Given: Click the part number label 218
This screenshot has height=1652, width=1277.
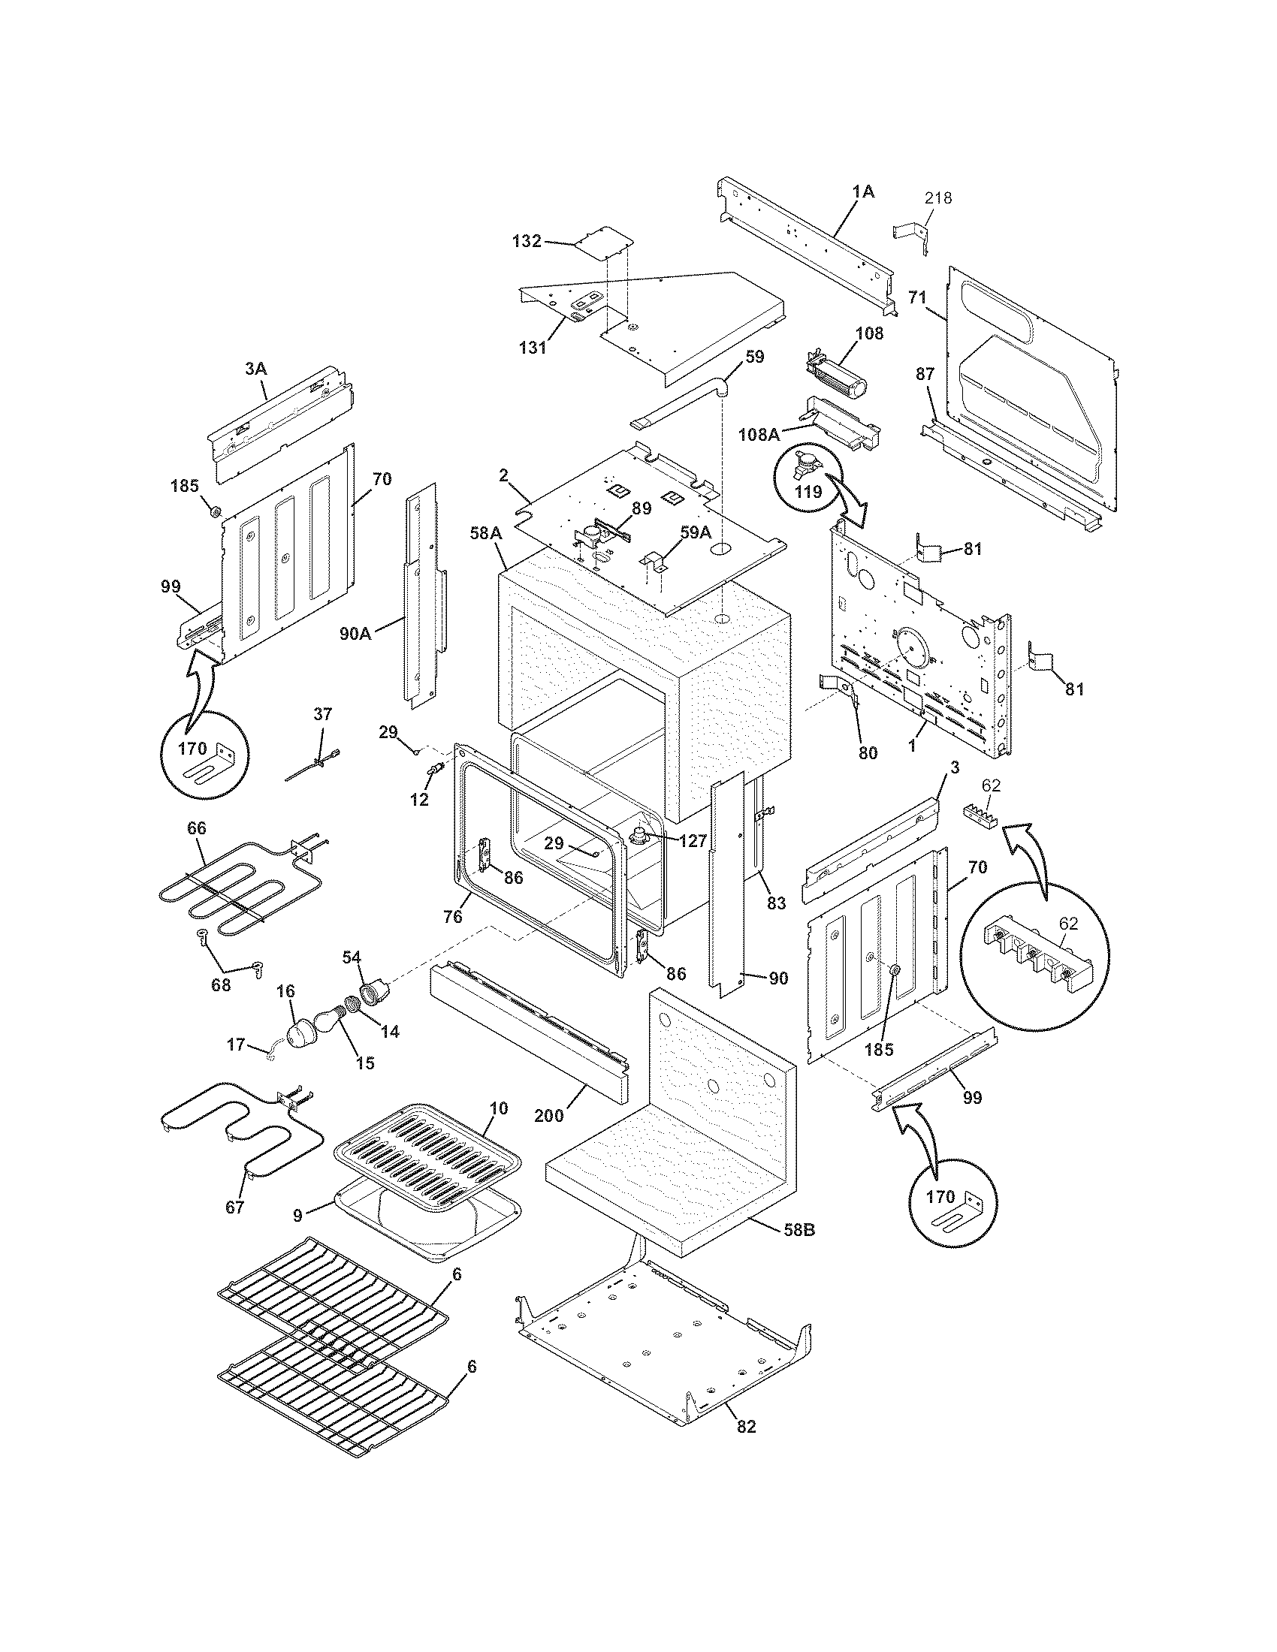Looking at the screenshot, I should pos(938,198).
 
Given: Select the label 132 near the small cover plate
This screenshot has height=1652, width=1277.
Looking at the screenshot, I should pos(527,241).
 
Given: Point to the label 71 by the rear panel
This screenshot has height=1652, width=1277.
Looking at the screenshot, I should pos(917,298).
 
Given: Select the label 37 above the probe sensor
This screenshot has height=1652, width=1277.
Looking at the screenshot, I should pos(322,714).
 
